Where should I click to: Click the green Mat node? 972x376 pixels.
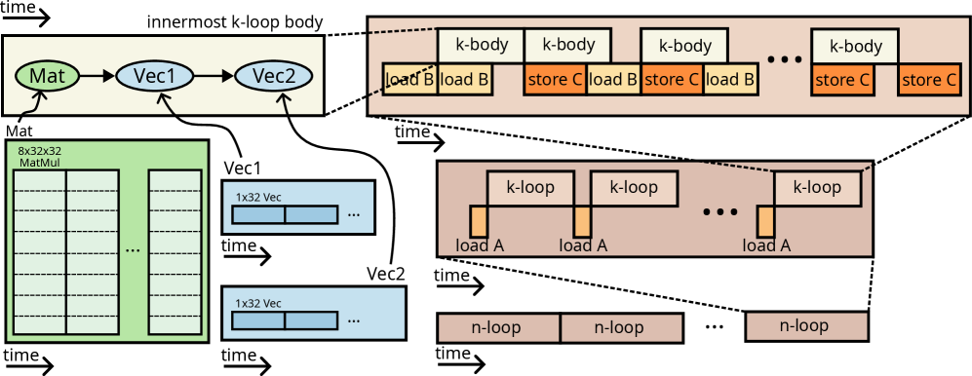pyautogui.click(x=47, y=75)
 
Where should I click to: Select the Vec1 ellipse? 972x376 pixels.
pyautogui.click(x=153, y=75)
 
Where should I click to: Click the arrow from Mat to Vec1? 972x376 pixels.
pyautogui.click(x=97, y=75)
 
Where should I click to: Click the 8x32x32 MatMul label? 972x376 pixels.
pyautogui.click(x=40, y=157)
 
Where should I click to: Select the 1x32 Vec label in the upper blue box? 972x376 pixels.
pyautogui.click(x=258, y=197)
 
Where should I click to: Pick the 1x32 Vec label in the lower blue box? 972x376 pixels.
pyautogui.click(x=258, y=303)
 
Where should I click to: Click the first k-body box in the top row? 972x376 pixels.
pyautogui.click(x=480, y=45)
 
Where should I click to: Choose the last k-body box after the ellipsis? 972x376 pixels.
pyautogui.click(x=855, y=46)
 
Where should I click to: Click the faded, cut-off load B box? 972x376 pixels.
pyautogui.click(x=409, y=80)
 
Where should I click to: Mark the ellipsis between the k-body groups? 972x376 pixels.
pyautogui.click(x=784, y=59)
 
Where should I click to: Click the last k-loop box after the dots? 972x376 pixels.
pyautogui.click(x=817, y=187)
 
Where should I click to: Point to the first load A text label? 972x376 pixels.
pyautogui.click(x=480, y=245)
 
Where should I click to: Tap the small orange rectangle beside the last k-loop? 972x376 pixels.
pyautogui.click(x=765, y=221)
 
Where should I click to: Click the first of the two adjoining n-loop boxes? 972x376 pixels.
pyautogui.click(x=499, y=328)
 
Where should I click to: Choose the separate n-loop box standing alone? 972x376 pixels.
pyautogui.click(x=806, y=326)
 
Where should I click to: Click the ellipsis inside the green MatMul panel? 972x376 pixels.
pyautogui.click(x=134, y=249)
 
